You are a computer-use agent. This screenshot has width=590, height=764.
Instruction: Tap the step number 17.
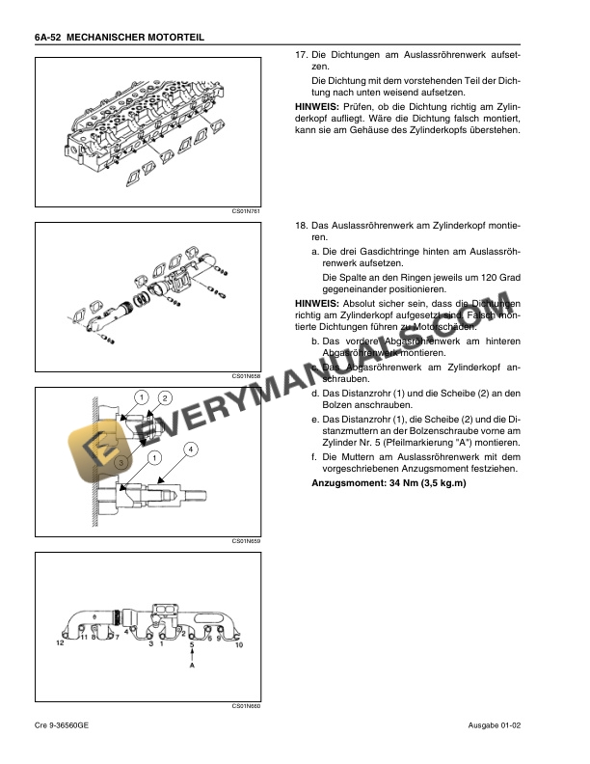pyautogui.click(x=300, y=56)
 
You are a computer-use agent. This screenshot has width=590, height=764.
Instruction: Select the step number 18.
pyautogui.click(x=300, y=225)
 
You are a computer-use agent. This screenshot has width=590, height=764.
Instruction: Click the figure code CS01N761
pyautogui.click(x=247, y=210)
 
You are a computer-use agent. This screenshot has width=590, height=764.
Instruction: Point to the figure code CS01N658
pyautogui.click(x=247, y=376)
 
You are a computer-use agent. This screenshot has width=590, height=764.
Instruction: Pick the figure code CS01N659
pyautogui.click(x=247, y=541)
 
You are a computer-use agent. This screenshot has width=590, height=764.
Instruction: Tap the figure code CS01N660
pyautogui.click(x=247, y=706)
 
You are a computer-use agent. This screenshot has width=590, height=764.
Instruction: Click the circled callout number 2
pyautogui.click(x=165, y=398)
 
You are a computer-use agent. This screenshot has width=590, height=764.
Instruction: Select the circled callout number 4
pyautogui.click(x=191, y=450)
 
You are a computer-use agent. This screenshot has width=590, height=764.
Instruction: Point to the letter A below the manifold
pyautogui.click(x=192, y=666)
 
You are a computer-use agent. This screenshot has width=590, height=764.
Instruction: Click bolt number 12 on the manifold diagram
pyautogui.click(x=59, y=642)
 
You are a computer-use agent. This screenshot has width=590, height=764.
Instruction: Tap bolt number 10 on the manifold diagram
pyautogui.click(x=239, y=643)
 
